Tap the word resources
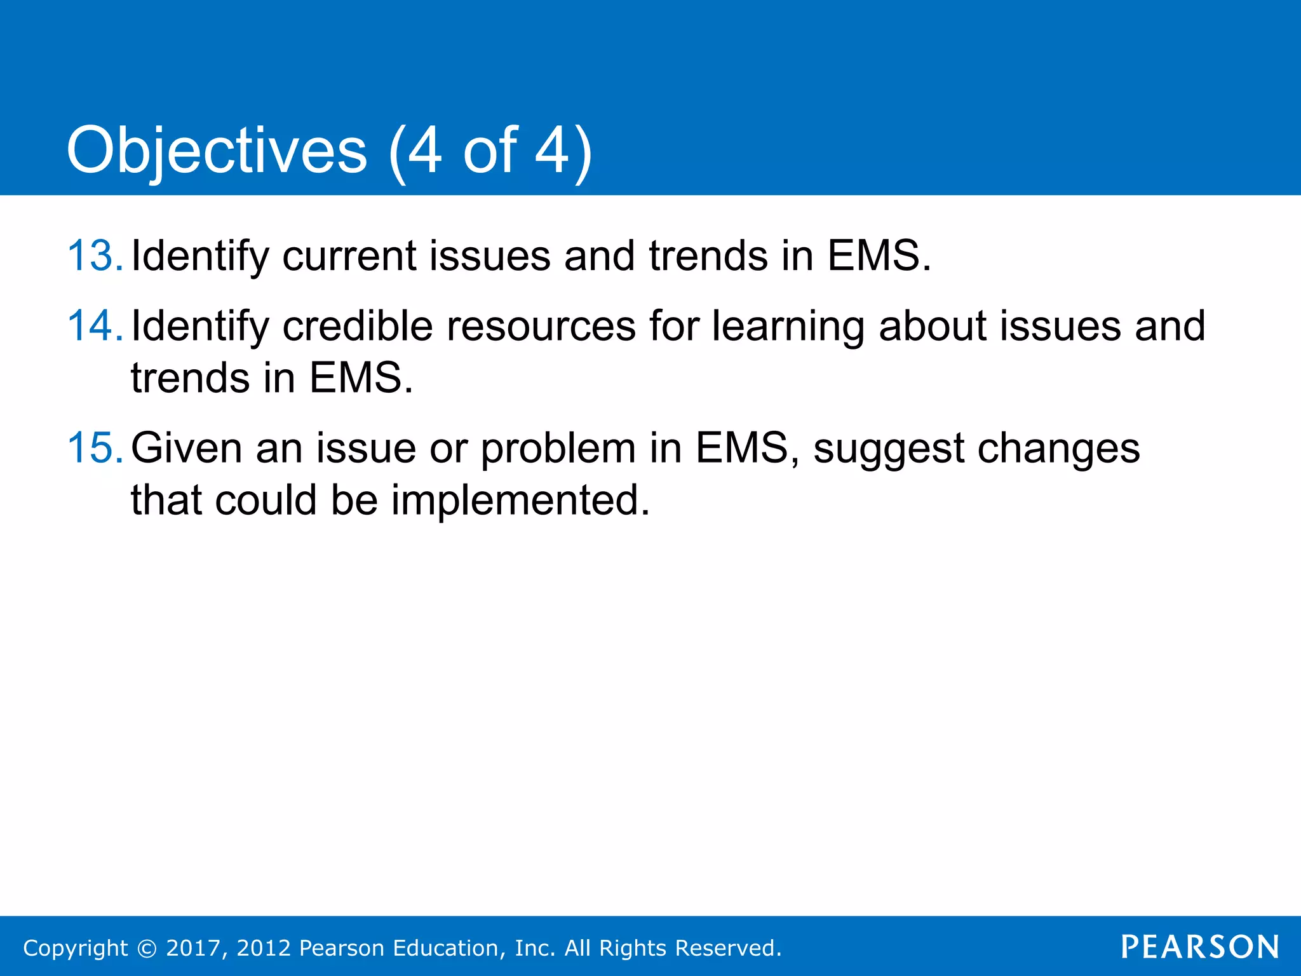click(541, 326)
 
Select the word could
click(266, 500)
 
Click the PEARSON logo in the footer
click(1200, 947)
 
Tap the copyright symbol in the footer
click(147, 948)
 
